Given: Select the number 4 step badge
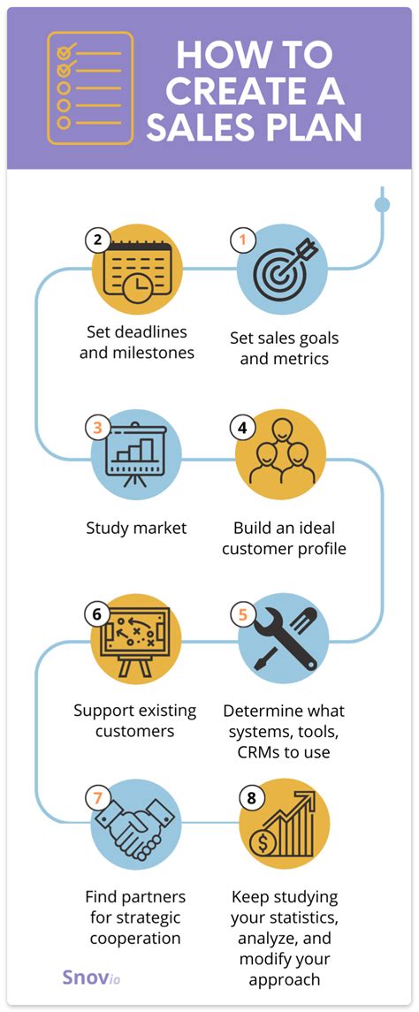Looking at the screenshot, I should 242,427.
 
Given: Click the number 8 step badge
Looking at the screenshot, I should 251,798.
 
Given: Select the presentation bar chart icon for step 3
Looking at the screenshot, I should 137,454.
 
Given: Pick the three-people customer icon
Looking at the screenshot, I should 282,454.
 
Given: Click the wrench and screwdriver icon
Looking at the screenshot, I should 283,638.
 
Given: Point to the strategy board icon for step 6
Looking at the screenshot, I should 137,638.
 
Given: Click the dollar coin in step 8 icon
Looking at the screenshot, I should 263,842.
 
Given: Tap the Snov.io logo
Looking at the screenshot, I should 89,978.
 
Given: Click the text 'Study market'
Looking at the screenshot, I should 136,529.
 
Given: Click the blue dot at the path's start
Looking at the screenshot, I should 382,205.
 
